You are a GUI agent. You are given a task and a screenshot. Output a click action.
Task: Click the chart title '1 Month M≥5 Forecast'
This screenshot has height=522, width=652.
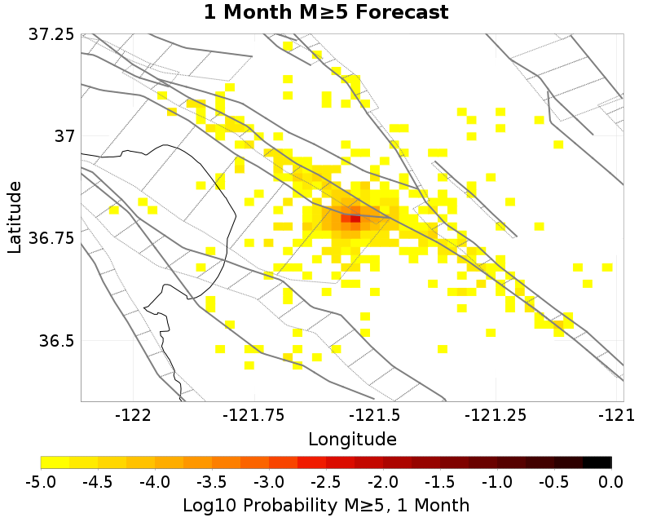pos(325,12)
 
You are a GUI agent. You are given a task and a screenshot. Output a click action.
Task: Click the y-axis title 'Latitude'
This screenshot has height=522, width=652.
pos(15,218)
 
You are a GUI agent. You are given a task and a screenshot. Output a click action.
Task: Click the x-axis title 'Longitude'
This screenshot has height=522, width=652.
pos(352,439)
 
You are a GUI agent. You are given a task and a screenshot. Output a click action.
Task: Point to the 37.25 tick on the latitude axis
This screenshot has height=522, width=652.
pos(51,34)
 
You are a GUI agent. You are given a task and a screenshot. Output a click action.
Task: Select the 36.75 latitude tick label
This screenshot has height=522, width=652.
pos(51,238)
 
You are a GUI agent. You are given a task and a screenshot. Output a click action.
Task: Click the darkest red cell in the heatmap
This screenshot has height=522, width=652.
pos(355,218)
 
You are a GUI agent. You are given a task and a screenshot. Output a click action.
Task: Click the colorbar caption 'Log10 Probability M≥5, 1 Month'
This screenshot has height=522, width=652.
pos(325,504)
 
